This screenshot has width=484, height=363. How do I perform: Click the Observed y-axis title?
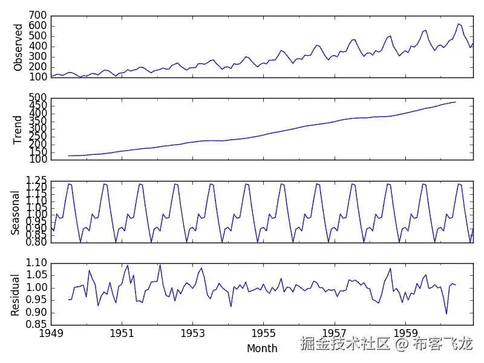point(18,47)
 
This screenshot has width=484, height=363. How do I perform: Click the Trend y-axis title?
point(18,129)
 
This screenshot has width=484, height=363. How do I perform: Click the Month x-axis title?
point(262,348)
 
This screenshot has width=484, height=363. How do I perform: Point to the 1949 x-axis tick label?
point(51,333)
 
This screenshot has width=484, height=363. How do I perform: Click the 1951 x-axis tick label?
point(122,333)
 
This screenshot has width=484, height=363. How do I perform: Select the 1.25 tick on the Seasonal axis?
point(36,180)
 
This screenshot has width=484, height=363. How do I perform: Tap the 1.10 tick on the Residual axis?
point(36,263)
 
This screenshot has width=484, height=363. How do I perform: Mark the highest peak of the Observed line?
point(459,24)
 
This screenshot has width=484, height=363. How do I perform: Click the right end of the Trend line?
point(456,102)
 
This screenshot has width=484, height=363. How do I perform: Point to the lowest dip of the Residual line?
point(446,314)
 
